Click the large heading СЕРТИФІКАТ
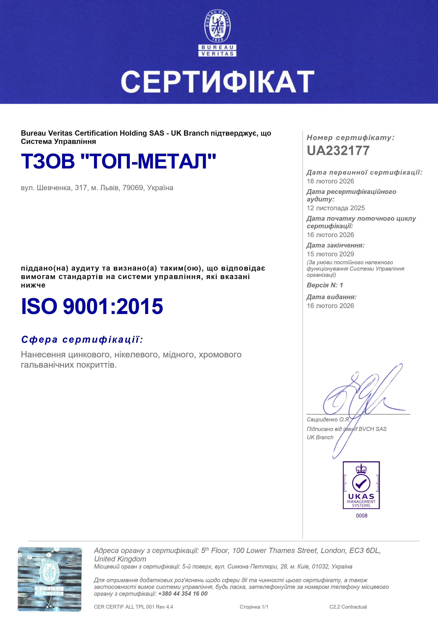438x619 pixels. coord(217,81)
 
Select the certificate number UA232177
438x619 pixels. coord(338,151)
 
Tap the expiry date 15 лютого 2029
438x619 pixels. coord(330,254)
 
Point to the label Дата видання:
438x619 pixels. coord(331,297)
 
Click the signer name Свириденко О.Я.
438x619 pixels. coord(328,419)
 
